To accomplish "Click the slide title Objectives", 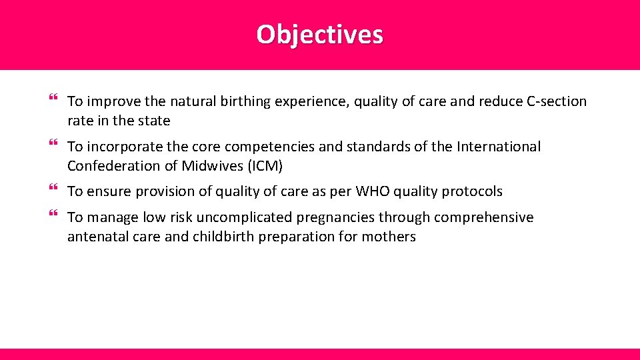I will (x=319, y=34).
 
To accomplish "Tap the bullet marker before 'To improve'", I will (x=53, y=100).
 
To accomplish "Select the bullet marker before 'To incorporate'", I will (x=53, y=145).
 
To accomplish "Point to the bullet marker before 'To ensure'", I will (x=53, y=190).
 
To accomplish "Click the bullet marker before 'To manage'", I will (x=53, y=215).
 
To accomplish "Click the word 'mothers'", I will (x=389, y=237).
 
